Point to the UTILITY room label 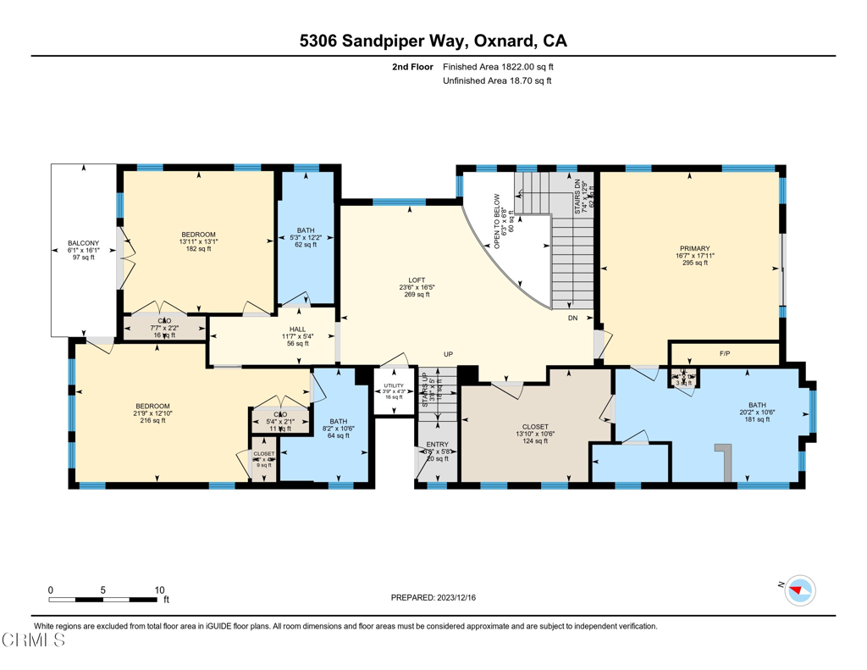tap(394, 385)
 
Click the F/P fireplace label tap(724, 352)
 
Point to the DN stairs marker tap(573, 318)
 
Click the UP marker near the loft tap(450, 354)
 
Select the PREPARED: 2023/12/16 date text tap(433, 598)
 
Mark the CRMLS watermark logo tap(34, 641)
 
